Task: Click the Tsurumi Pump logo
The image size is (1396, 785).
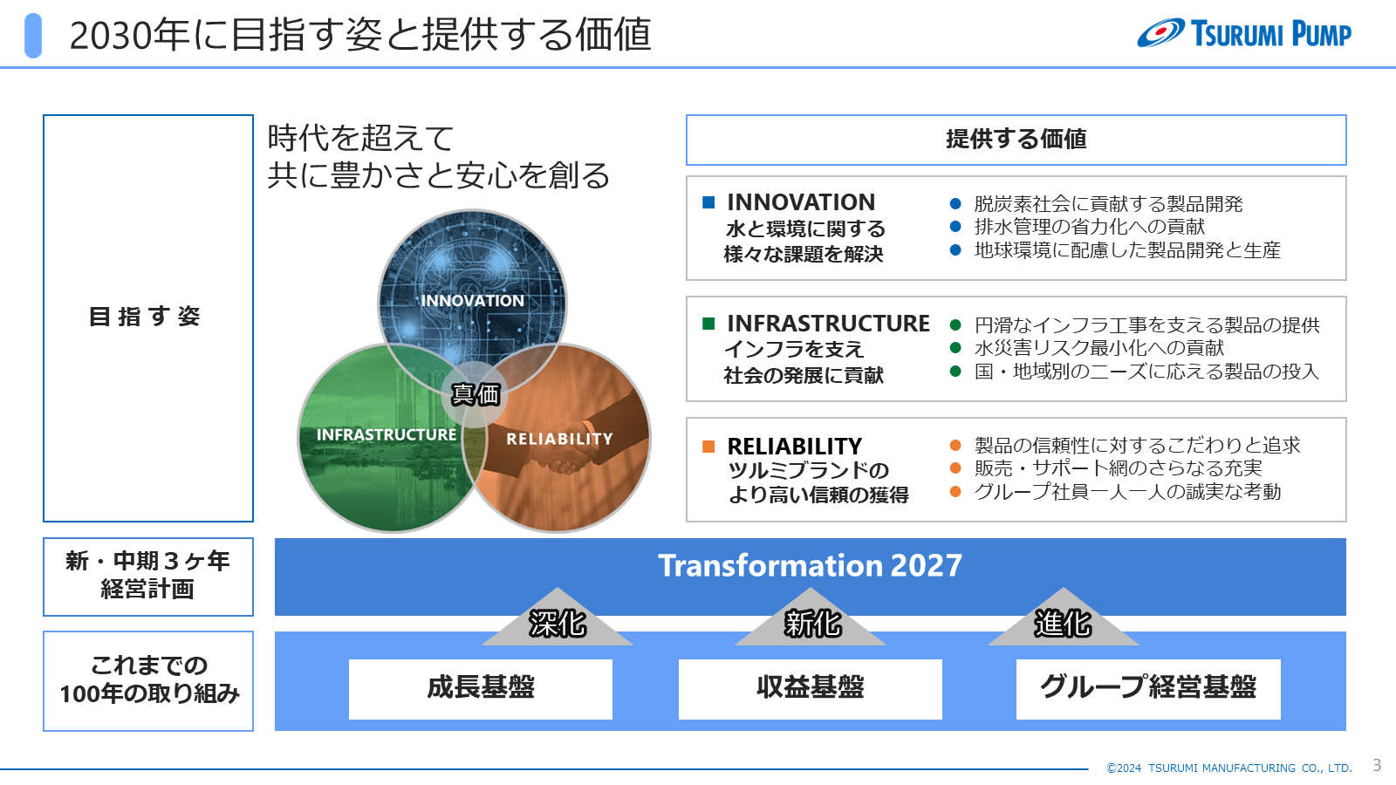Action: [x=1244, y=33]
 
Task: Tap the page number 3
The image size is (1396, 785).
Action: [x=1377, y=765]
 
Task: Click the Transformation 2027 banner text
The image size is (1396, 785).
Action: [x=811, y=565]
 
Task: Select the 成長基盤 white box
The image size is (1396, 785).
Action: [x=481, y=689]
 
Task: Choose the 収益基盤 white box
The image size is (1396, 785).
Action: [x=811, y=689]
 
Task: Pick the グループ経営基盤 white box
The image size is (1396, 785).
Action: [x=1148, y=689]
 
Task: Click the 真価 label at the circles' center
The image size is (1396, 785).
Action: [x=475, y=393]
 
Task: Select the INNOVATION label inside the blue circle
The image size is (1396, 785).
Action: [x=472, y=300]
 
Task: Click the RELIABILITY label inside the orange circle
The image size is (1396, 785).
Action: [x=559, y=439]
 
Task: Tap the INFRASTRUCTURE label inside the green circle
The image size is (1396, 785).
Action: [x=387, y=434]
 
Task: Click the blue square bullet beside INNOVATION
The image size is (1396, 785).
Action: [x=708, y=201]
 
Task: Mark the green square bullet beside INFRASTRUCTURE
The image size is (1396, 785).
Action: [x=708, y=324]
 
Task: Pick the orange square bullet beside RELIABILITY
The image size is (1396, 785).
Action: [x=708, y=446]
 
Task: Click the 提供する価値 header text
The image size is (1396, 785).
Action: [x=1016, y=139]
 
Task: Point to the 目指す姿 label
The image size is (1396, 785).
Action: [x=145, y=317]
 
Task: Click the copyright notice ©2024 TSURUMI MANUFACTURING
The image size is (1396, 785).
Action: [x=1228, y=768]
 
